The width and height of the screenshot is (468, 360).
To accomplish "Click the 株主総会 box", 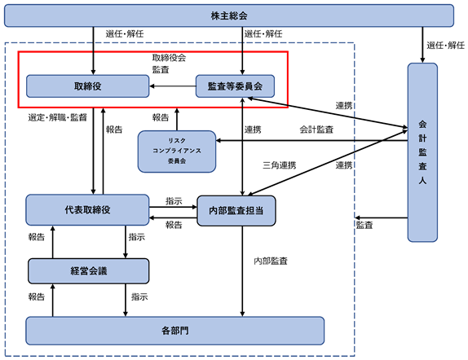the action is coord(229,15).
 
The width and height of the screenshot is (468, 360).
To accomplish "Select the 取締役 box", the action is coord(88,86).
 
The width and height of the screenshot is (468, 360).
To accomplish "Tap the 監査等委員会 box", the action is coord(235,86).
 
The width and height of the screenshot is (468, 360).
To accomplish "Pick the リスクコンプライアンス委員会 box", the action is coord(177,151).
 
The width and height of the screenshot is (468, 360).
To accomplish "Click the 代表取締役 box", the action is coord(87,209).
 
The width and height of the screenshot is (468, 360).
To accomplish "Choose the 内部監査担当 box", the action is coord(236,211).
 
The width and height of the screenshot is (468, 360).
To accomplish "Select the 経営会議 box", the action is coord(88,271).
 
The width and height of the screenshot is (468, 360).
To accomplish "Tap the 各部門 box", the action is coord(175,331).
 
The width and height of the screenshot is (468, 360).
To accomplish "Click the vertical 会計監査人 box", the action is coord(422,152).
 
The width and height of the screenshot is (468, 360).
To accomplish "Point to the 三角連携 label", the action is coord(280,165).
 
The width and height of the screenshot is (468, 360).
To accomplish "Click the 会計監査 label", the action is coord(316,130).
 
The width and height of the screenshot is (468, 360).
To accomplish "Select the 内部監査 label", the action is coord(271,261).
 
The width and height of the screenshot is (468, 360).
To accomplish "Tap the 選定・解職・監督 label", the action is coord(58,117).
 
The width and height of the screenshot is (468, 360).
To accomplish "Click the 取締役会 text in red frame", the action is coord(169,58).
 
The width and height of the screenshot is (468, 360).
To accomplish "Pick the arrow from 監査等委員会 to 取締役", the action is coord(173,86).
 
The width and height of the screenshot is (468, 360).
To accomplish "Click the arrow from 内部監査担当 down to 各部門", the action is coord(242,271).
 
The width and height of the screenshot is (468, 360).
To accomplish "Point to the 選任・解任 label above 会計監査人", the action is coord(446,46).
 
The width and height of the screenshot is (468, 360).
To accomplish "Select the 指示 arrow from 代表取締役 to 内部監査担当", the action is coord(173,206).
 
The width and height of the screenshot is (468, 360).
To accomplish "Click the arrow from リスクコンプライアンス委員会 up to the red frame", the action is coord(177,119).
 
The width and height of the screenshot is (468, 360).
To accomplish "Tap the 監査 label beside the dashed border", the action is coord(364,225).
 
